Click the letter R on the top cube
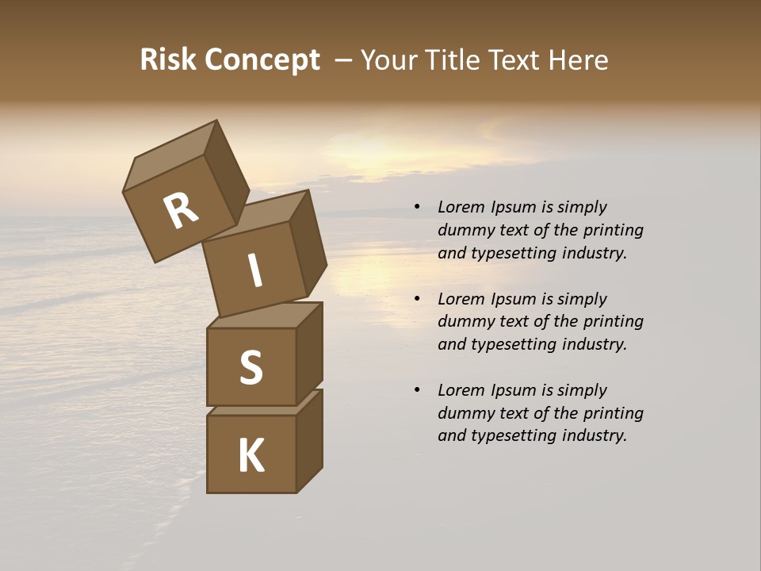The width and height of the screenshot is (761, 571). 181,211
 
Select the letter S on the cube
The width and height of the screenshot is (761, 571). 250,367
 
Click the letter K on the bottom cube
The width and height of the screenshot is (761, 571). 250,456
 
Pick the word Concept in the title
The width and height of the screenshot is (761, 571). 261,61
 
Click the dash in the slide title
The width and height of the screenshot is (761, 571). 342,60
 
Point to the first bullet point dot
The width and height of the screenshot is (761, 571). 417,208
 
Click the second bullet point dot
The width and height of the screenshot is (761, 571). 417,299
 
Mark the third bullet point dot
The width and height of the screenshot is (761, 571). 417,390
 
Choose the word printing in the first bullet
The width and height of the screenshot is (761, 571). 614,231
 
